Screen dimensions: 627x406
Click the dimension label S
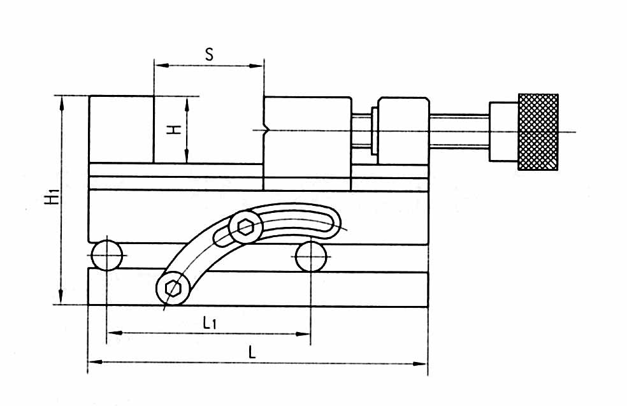click(x=209, y=54)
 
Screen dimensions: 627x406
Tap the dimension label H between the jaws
click(x=174, y=129)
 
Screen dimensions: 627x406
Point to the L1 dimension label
click(x=210, y=322)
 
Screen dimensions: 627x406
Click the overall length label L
click(x=252, y=352)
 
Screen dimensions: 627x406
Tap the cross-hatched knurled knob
click(x=538, y=132)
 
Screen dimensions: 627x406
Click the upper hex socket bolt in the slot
click(x=245, y=227)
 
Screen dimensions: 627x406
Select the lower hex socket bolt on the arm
click(x=173, y=287)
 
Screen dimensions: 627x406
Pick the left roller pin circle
click(x=107, y=255)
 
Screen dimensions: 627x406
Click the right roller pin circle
click(x=311, y=256)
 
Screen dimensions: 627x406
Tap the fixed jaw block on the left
click(x=121, y=129)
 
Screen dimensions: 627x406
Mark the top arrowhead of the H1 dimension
click(x=61, y=103)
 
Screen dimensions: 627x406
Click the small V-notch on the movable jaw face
click(x=266, y=131)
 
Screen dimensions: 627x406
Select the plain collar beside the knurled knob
click(x=503, y=131)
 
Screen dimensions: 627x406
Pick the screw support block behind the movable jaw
click(x=403, y=131)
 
